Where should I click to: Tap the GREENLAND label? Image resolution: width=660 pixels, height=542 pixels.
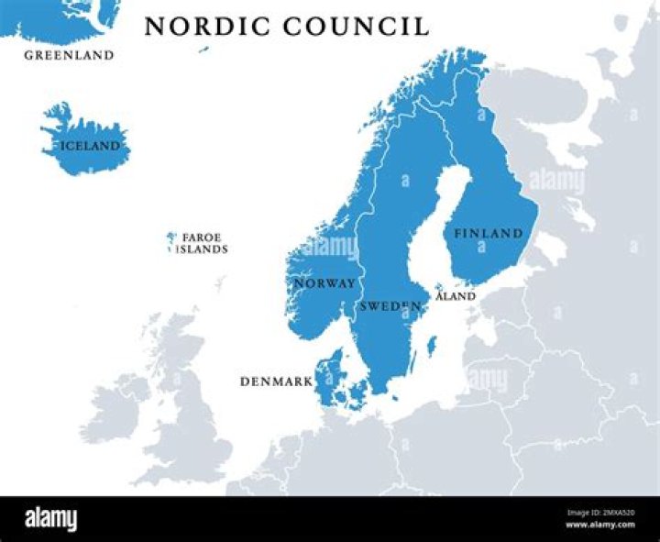(69, 55)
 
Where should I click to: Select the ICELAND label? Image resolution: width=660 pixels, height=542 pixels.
(90, 146)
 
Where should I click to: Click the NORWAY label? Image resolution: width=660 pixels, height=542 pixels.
(324, 283)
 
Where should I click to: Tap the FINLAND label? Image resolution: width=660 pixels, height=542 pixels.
(488, 234)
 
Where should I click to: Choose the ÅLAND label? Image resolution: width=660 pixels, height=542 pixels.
(456, 296)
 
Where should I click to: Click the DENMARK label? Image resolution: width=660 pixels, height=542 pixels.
(275, 381)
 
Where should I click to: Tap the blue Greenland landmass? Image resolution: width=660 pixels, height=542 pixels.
(55, 18)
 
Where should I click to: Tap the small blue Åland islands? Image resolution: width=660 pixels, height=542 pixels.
(438, 288)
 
